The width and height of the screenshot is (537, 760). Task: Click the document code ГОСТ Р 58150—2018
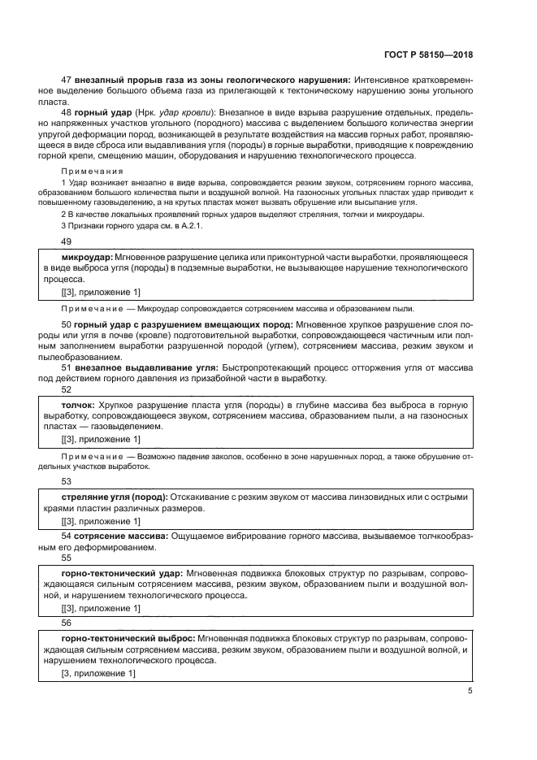pyautogui.click(x=428, y=54)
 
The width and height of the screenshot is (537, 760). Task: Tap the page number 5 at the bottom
pyautogui.click(x=470, y=691)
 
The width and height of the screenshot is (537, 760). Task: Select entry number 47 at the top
pyautogui.click(x=67, y=80)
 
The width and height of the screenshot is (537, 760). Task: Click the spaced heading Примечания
pyautogui.click(x=92, y=172)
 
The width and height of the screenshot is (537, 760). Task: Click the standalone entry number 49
pyautogui.click(x=67, y=241)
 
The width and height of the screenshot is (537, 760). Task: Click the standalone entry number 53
pyautogui.click(x=67, y=481)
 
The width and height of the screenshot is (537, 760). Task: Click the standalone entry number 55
pyautogui.click(x=67, y=558)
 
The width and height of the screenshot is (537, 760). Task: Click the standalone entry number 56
pyautogui.click(x=67, y=622)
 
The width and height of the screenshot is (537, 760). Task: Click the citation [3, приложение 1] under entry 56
pyautogui.click(x=98, y=674)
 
